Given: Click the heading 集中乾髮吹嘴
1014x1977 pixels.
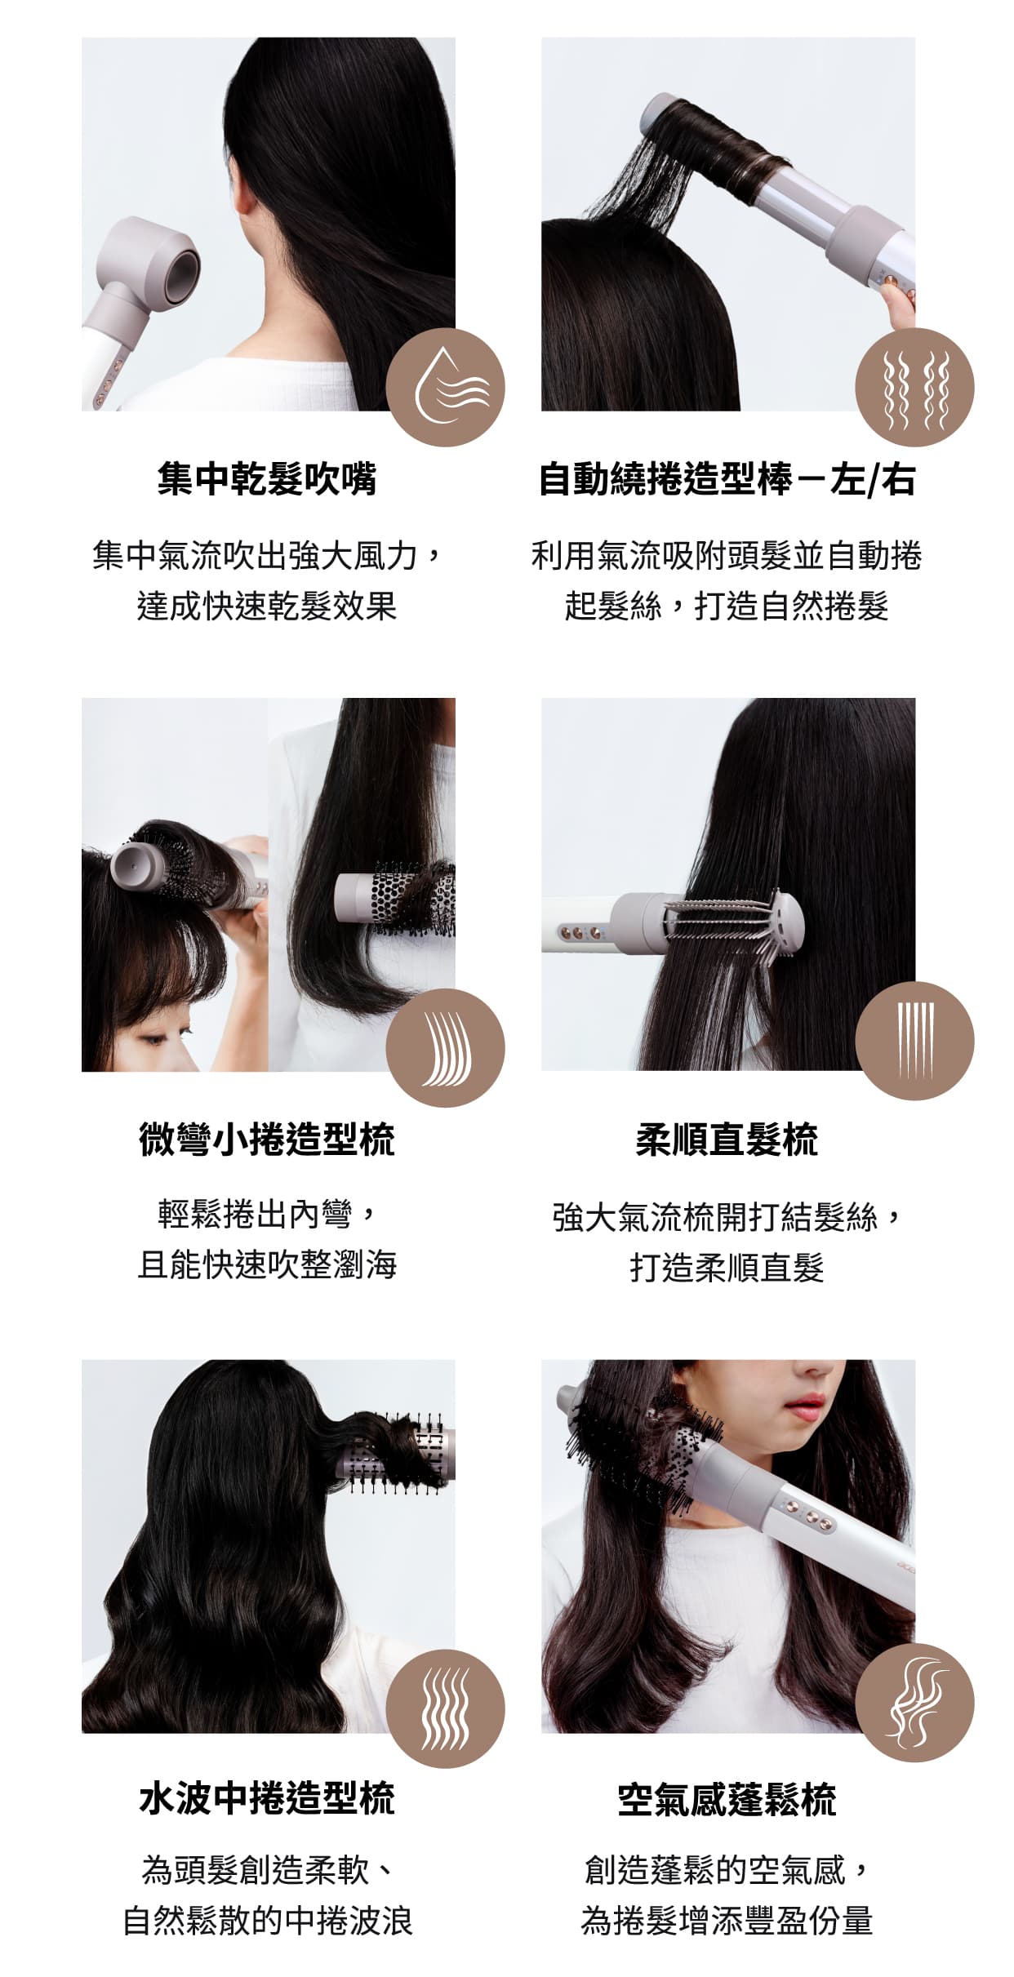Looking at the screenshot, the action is pyautogui.click(x=267, y=478).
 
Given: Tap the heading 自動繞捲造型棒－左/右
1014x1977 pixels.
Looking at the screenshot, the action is pyautogui.click(x=727, y=479).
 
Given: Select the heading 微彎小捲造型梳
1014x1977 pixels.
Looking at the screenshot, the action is pyautogui.click(x=267, y=1139).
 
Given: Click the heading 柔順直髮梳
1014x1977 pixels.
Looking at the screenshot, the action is pyautogui.click(x=727, y=1139).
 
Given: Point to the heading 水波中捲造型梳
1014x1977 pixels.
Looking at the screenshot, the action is pyautogui.click(x=267, y=1798).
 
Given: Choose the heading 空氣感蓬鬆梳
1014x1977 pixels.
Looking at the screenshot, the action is pyautogui.click(x=727, y=1799).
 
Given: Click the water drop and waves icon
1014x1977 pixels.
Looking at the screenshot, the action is pyautogui.click(x=445, y=387).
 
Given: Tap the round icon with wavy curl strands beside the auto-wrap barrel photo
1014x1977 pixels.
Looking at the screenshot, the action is pyautogui.click(x=914, y=387).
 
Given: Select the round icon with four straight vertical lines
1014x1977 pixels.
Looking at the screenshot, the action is pyautogui.click(x=914, y=1041).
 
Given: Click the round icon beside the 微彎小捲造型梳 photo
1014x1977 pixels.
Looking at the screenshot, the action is pyautogui.click(x=445, y=1047).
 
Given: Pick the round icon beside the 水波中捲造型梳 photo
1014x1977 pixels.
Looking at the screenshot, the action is pyautogui.click(x=445, y=1708).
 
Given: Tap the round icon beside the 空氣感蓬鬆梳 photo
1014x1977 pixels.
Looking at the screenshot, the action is pyautogui.click(x=914, y=1702).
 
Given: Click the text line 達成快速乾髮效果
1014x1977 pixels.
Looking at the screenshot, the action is pyautogui.click(x=267, y=606).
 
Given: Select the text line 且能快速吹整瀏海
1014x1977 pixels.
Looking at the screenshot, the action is pyautogui.click(x=267, y=1265).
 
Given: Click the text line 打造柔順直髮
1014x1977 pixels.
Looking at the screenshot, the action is pyautogui.click(x=727, y=1268).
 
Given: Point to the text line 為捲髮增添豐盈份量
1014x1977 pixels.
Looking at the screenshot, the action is pyautogui.click(x=727, y=1920).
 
